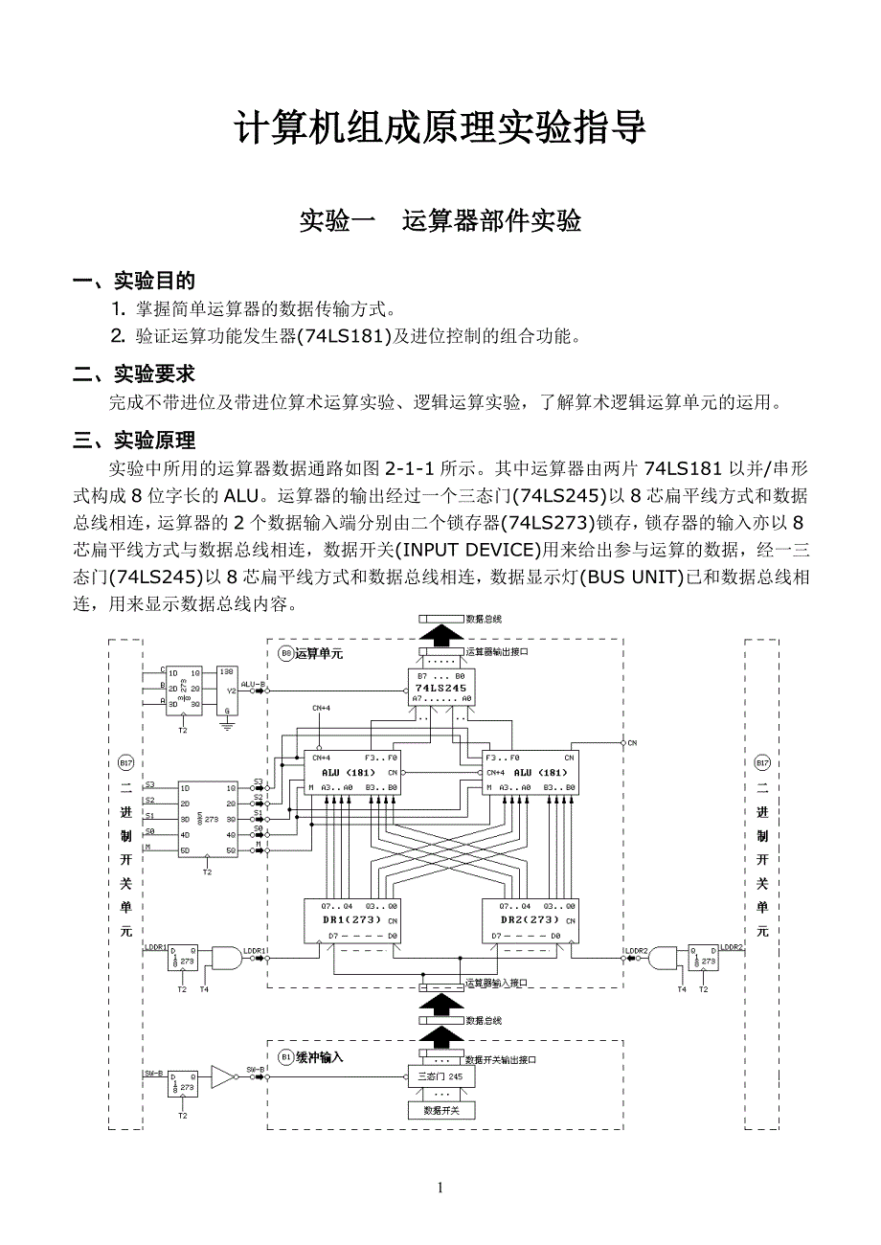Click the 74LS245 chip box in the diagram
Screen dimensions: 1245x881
(441, 688)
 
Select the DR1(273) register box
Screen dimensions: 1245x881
(351, 918)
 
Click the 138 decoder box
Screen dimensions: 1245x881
(226, 690)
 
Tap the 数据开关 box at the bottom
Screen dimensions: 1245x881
(441, 1110)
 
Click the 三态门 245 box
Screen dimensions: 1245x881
(441, 1076)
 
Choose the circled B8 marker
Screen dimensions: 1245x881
(285, 653)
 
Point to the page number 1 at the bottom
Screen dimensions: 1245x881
(440, 1188)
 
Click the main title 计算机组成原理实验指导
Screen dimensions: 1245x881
(440, 128)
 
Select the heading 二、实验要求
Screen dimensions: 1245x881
(135, 373)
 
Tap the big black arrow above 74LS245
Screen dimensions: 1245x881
(441, 634)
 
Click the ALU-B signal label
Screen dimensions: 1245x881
(252, 685)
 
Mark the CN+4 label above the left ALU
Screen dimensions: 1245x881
(322, 708)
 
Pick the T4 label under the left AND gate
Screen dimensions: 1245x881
(204, 989)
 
